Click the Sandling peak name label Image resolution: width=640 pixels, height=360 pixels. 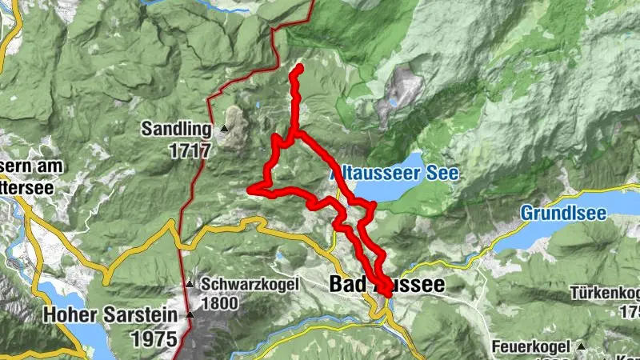176,128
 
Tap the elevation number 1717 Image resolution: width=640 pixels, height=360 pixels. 189,150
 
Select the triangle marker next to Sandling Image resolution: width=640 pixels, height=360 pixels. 225,128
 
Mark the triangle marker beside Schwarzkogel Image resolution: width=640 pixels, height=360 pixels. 190,283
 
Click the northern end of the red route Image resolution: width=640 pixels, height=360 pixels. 299,68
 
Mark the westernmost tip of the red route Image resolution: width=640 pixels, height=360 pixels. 250,190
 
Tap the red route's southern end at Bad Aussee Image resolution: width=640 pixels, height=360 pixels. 388,294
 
